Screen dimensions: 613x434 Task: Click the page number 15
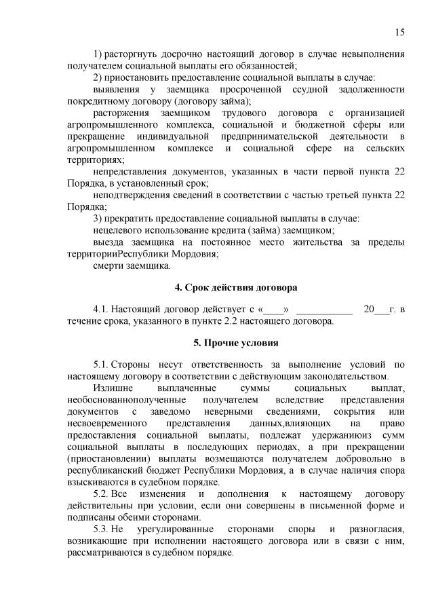(400, 32)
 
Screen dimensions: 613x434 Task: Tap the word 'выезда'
(109, 242)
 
